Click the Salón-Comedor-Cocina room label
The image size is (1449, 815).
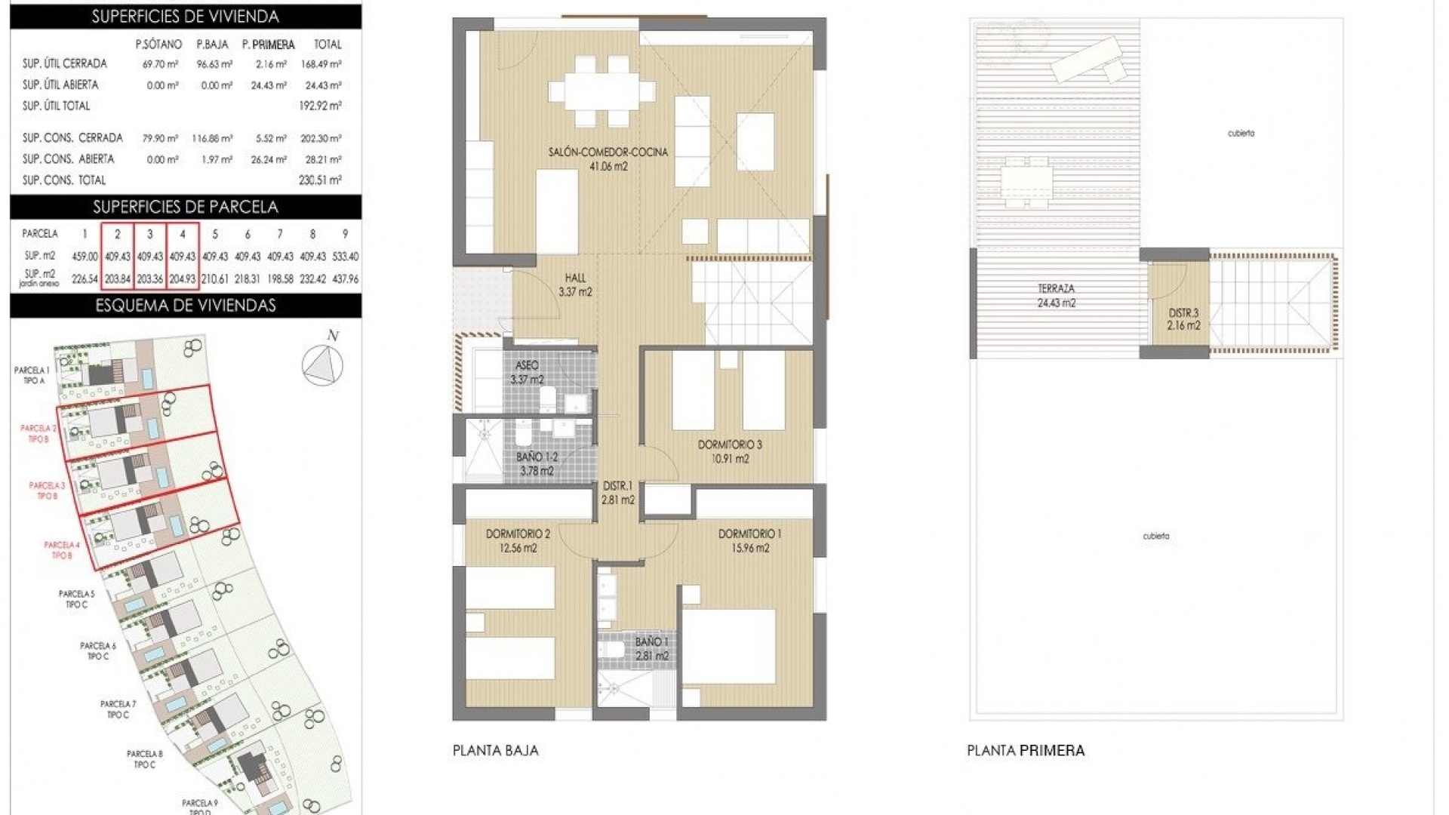tap(608, 152)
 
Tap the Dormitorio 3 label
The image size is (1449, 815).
tap(729, 445)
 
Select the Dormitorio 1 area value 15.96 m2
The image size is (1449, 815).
tap(749, 549)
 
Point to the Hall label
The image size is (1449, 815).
tap(575, 278)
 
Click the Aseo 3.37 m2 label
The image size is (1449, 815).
tap(527, 373)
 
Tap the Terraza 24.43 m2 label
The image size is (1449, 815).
tap(1056, 296)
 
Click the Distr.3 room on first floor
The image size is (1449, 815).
tap(1183, 319)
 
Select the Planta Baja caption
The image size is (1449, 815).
tap(495, 750)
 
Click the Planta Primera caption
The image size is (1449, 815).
tap(1026, 750)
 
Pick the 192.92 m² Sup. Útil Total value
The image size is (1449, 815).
tap(320, 106)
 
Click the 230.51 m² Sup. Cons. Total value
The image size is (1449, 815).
tap(320, 180)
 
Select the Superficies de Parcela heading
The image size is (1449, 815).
tap(185, 207)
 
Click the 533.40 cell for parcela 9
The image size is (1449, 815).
tap(345, 257)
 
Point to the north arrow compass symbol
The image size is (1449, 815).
tap(323, 363)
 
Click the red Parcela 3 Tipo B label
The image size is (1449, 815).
tap(47, 491)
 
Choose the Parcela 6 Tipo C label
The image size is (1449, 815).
tap(98, 650)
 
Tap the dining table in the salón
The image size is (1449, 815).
tap(602, 92)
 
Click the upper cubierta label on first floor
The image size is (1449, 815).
tap(1241, 134)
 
